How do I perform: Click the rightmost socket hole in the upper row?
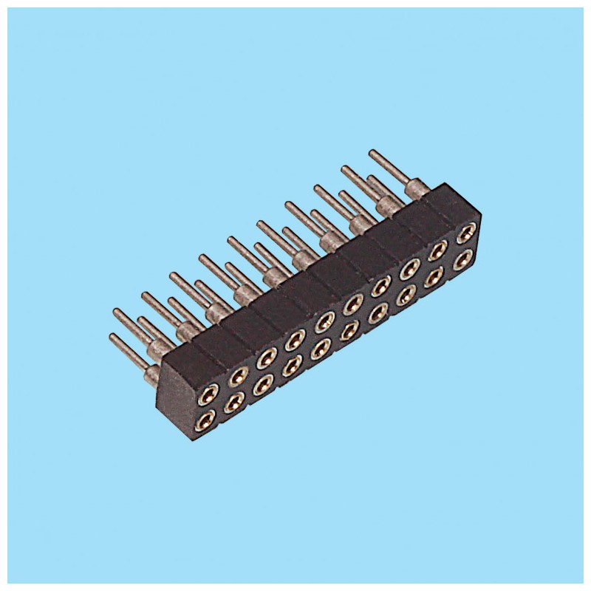(x=464, y=234)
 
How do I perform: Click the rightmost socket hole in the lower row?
(x=464, y=259)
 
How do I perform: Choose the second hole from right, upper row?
(x=439, y=250)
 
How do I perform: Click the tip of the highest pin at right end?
(x=372, y=152)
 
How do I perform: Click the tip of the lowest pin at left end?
(x=112, y=337)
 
